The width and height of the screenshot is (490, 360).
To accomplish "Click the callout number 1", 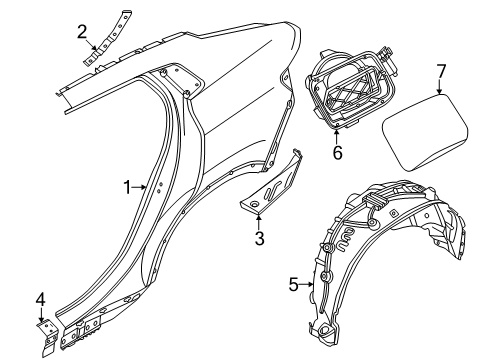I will tap(127, 186).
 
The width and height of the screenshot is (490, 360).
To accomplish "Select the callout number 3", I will tap(259, 238).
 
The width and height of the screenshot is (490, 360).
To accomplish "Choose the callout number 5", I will tap(293, 284).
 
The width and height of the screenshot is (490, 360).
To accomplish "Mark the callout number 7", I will tap(439, 73).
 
